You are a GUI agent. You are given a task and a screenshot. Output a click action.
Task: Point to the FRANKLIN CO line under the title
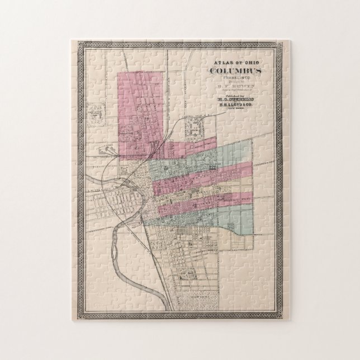click(x=233, y=79)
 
